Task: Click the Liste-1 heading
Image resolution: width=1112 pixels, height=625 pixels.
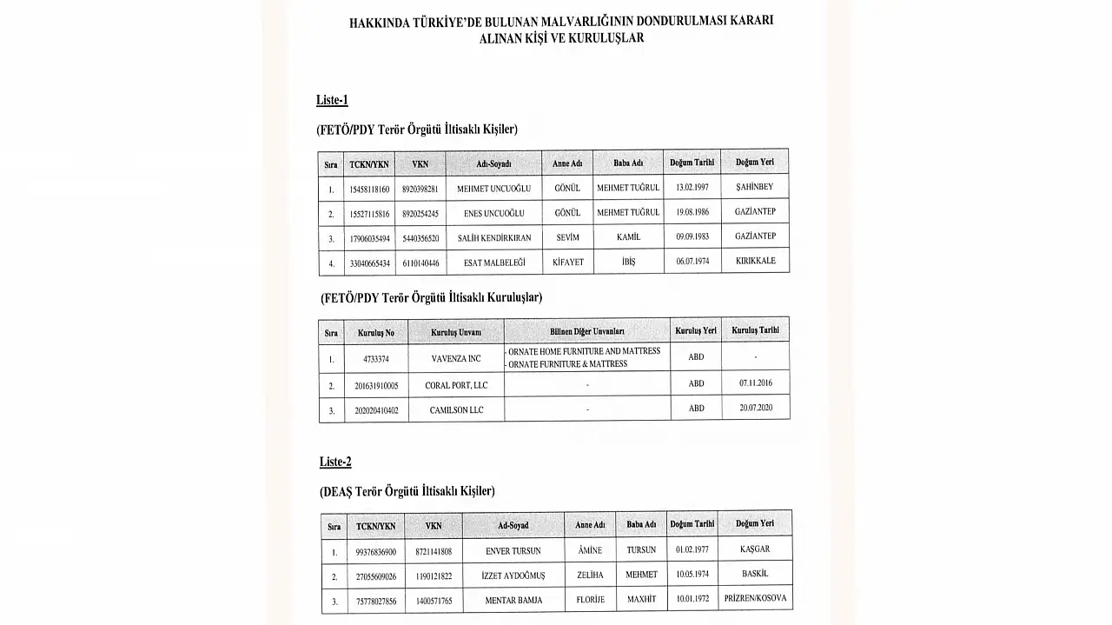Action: point(332,100)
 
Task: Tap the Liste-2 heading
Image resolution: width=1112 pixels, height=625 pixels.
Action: point(335,462)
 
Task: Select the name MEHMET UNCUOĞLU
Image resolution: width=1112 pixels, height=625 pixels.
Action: point(493,189)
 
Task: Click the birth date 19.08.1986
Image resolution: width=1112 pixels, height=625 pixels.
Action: point(692,212)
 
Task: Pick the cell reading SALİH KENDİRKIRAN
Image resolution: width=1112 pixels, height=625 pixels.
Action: point(493,237)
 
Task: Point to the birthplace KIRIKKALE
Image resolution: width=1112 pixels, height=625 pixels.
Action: point(755,261)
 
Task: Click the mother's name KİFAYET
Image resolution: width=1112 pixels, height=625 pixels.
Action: point(568,262)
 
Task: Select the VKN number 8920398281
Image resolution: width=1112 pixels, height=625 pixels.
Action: point(420,189)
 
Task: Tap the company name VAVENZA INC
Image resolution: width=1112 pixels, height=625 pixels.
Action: point(456,358)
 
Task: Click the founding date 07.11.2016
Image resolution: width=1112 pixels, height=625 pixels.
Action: point(756,382)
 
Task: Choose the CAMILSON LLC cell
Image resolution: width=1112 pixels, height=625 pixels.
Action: point(456,409)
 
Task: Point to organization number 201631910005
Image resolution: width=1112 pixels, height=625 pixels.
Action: point(376,385)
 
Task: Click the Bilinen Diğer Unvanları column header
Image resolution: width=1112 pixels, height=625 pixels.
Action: point(587,331)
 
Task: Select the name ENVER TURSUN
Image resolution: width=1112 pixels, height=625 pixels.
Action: point(513,551)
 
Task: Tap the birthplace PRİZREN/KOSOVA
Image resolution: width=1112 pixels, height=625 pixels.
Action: point(755,599)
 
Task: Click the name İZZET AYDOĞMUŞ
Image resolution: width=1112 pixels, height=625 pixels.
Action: point(513,575)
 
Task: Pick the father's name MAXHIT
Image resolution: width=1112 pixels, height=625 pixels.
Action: point(641,600)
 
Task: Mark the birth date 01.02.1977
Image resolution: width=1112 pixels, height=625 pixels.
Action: point(692,549)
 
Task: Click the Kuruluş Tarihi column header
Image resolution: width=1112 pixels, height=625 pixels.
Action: point(755,330)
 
